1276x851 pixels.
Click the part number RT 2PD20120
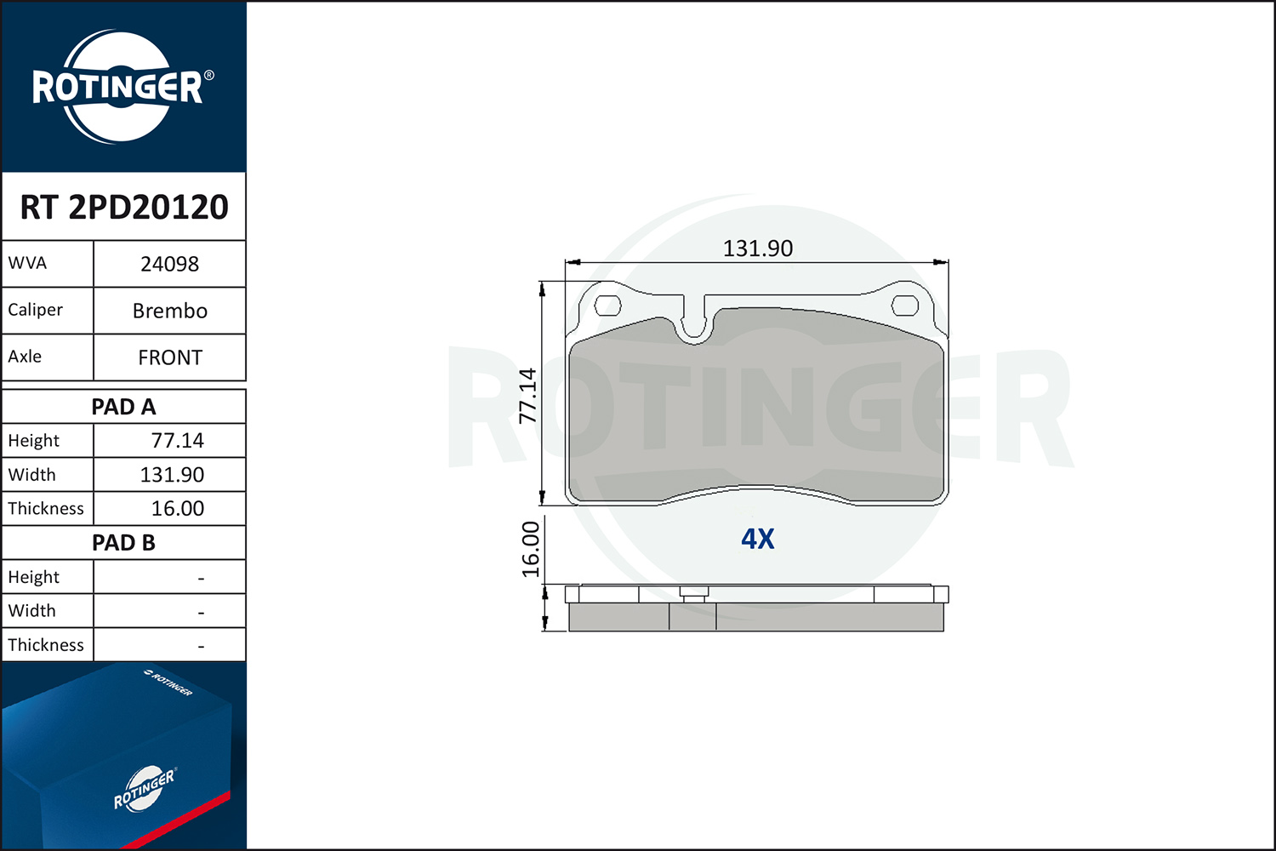124,207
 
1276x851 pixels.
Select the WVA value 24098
170,264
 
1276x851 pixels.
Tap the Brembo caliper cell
170,311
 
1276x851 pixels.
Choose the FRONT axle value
170,357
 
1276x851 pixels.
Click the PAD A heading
123,407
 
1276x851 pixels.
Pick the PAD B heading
123,543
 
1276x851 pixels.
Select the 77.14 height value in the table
177,441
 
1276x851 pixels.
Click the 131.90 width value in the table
172,475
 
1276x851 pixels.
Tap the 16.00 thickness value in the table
177,508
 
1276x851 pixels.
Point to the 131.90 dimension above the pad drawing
758,248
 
